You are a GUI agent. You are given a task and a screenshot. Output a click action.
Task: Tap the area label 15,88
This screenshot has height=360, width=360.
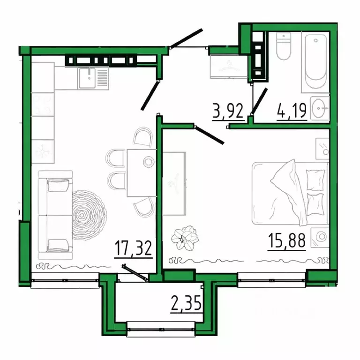coord(287,240)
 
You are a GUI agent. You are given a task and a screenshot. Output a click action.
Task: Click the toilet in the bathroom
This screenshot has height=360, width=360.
coord(284,47)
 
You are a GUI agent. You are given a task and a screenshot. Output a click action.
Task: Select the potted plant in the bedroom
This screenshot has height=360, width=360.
coord(185,237)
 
